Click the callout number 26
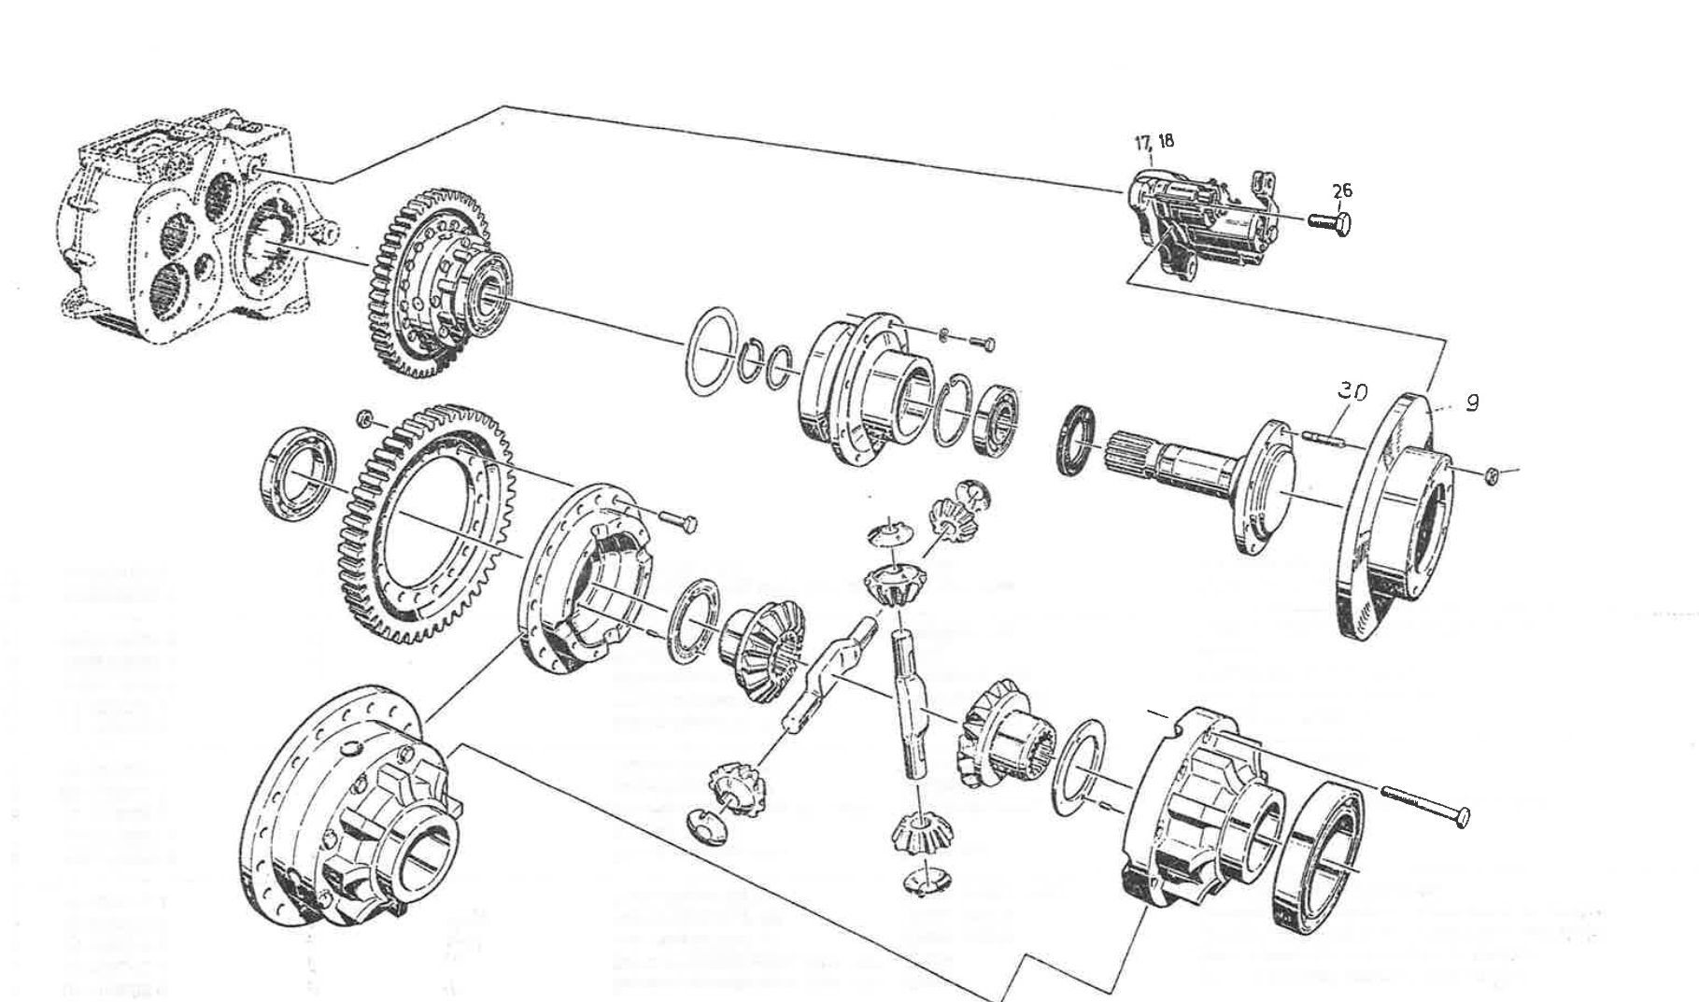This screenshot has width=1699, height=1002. [1341, 191]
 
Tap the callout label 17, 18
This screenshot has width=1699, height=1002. [1154, 142]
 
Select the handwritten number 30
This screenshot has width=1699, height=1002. [1350, 391]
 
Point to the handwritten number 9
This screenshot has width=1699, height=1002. [1472, 403]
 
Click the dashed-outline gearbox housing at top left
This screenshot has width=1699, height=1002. [182, 224]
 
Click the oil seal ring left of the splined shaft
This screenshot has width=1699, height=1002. [1079, 439]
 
